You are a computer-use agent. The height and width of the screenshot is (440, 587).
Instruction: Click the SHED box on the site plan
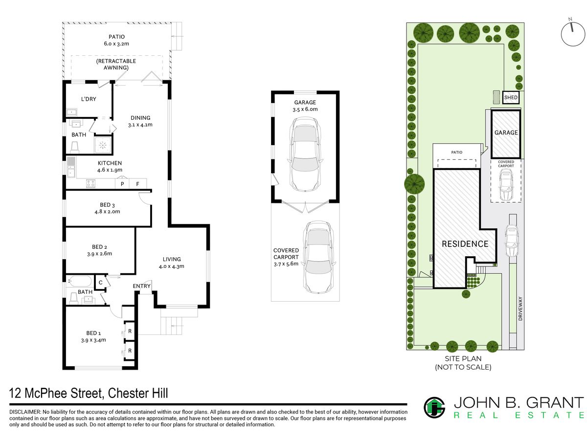coord(510,97)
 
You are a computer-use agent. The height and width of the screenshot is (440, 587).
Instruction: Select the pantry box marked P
coord(122,184)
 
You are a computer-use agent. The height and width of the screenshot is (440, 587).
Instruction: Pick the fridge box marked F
coord(138,184)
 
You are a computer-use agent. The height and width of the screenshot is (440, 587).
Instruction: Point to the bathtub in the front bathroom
coord(80,281)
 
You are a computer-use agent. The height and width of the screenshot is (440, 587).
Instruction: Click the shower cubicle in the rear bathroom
coord(103,145)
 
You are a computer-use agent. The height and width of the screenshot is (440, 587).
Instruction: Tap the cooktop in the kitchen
coord(90,183)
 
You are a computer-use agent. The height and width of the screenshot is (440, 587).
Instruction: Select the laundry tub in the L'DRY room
coord(72,112)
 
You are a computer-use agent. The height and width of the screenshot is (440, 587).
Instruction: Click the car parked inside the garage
coord(305,155)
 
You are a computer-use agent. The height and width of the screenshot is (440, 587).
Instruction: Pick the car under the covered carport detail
coord(318,257)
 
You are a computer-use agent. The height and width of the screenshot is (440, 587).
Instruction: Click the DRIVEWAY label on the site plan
coord(520,308)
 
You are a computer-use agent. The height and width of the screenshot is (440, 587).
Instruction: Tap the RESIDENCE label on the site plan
coord(465,244)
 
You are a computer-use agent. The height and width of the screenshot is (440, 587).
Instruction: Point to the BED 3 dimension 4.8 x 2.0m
coord(107,212)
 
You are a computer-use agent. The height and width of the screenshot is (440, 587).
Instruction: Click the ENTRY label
coord(141,286)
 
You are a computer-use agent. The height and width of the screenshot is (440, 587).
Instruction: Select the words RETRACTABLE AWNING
coord(116,65)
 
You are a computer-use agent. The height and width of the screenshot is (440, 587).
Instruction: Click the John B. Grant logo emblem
coord(434,408)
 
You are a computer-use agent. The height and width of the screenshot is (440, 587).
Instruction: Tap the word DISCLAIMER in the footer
coord(24,412)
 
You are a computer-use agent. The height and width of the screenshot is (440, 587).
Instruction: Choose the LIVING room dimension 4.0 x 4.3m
coord(171,266)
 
